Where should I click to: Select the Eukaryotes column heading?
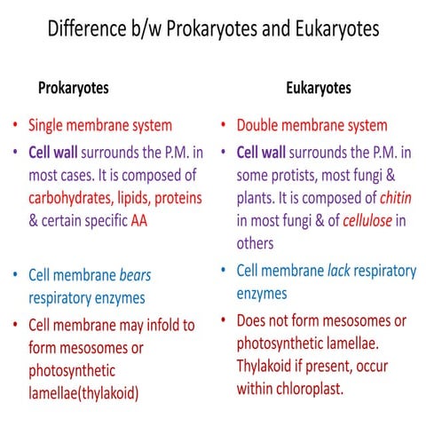pos(318,88)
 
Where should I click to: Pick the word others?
pos(256,241)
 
